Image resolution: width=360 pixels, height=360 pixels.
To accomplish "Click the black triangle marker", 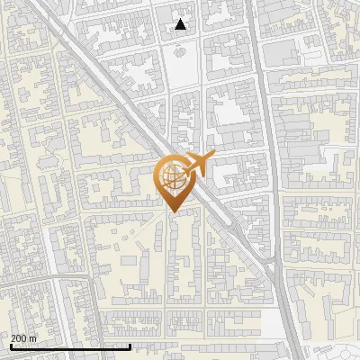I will (181, 24).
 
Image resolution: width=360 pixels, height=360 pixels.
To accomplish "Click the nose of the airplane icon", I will (214, 156).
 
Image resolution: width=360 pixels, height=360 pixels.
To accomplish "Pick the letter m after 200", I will (32, 338).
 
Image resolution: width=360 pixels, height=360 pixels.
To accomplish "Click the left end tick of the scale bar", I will (10, 346).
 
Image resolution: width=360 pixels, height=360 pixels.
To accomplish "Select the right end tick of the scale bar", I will (130, 346).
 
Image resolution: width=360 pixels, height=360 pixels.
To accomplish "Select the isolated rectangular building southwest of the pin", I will (129, 261).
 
